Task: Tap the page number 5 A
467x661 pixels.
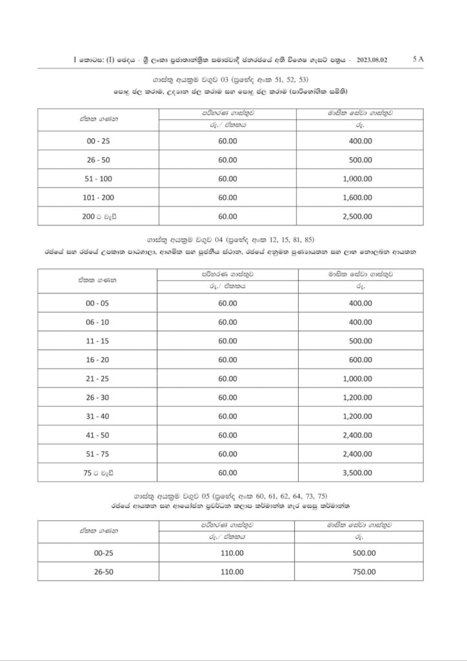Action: click(417, 59)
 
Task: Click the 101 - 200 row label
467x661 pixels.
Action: click(97, 197)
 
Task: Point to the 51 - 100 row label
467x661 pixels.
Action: click(97, 178)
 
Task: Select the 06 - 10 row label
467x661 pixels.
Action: click(97, 321)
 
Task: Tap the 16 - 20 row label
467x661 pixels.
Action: click(97, 360)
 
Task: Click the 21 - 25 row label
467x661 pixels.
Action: click(97, 378)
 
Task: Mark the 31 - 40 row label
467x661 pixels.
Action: click(97, 416)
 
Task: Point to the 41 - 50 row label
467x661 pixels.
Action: click(97, 435)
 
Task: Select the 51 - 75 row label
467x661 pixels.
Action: click(97, 454)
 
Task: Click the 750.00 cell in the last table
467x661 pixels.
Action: click(364, 571)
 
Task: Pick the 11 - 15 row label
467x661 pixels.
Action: click(97, 340)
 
